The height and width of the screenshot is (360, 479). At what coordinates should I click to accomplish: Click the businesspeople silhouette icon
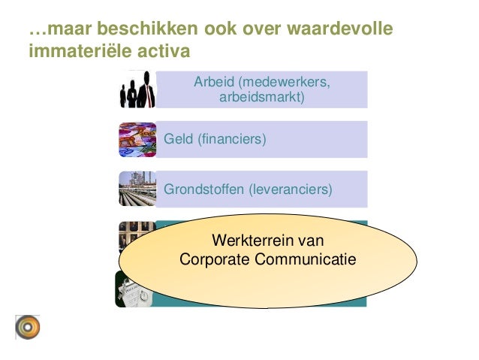coord(137,89)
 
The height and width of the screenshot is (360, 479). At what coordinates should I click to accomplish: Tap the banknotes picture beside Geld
coord(137,139)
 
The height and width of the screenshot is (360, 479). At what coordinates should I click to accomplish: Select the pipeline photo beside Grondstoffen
coord(137,189)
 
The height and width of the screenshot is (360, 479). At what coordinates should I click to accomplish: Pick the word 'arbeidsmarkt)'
coord(262,97)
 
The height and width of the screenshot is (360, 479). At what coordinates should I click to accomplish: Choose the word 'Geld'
coord(178,139)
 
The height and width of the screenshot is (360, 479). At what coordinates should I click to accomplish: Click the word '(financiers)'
coord(231,139)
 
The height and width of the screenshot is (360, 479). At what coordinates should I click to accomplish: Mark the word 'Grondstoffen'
coord(203,189)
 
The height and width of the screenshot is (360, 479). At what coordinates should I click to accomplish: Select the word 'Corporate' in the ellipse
coord(215,260)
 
